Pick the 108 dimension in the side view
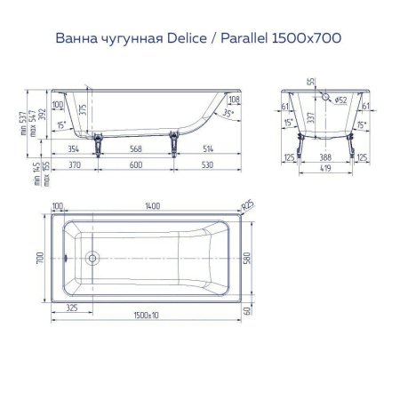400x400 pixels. (x=234, y=101)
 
